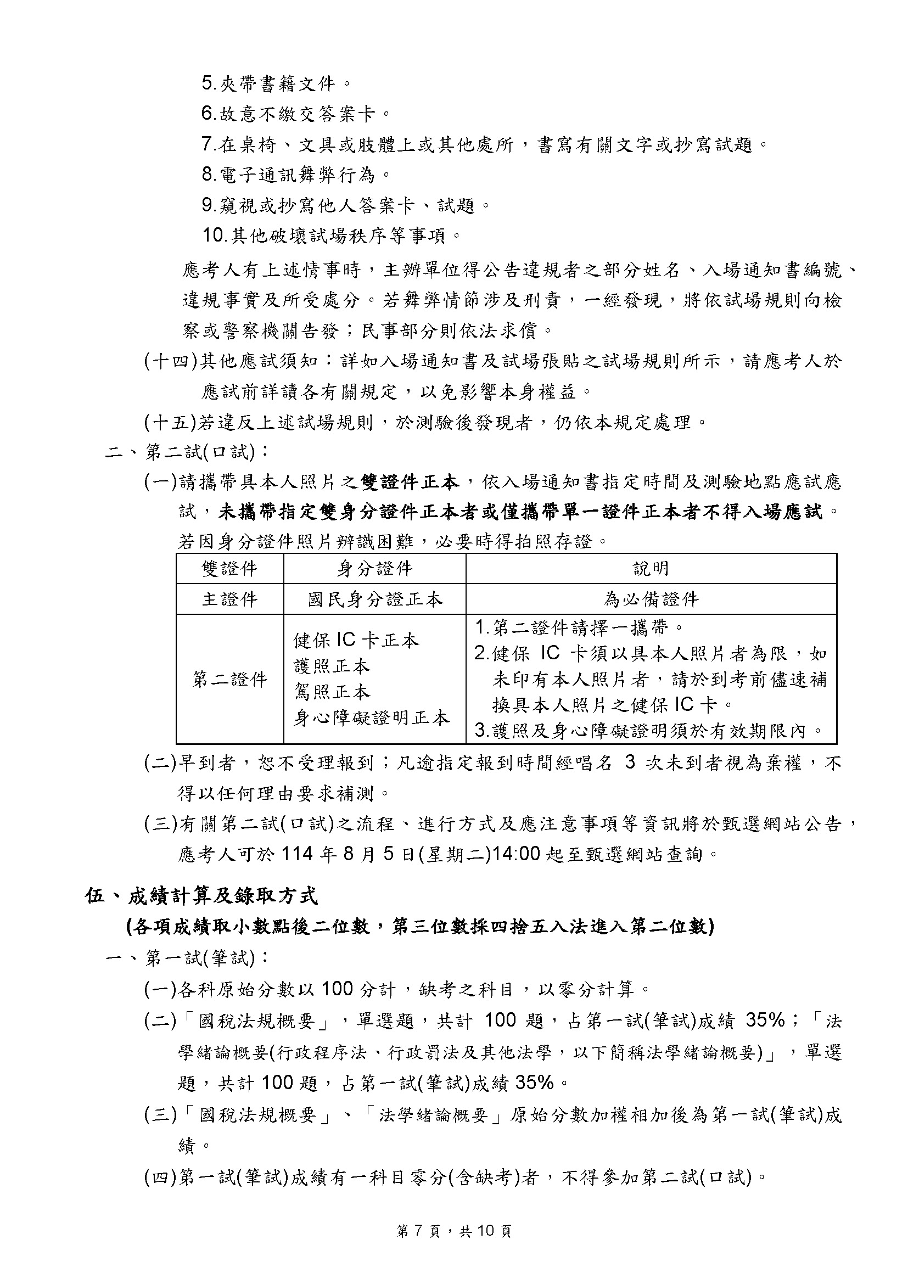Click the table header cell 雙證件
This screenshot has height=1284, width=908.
tap(229, 569)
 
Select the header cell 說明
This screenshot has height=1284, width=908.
tap(651, 569)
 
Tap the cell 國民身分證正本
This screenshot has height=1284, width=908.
tap(374, 599)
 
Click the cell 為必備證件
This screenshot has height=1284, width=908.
tap(651, 599)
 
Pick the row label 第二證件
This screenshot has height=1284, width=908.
tap(229, 680)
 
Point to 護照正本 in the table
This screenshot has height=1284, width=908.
tap(332, 666)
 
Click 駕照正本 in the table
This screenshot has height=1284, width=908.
tap(332, 692)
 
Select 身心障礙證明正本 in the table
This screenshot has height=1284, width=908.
tap(371, 718)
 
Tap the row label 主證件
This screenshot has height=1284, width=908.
tap(229, 599)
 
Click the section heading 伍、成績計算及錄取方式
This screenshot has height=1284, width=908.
tap(201, 897)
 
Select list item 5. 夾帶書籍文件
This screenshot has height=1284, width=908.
tap(276, 85)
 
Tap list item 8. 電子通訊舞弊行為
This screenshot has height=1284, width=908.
tap(296, 176)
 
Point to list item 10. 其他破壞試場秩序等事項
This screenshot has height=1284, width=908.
tap(332, 236)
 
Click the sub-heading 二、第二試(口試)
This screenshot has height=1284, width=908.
tap(187, 452)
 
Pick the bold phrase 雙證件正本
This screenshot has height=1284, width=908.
tap(410, 481)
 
